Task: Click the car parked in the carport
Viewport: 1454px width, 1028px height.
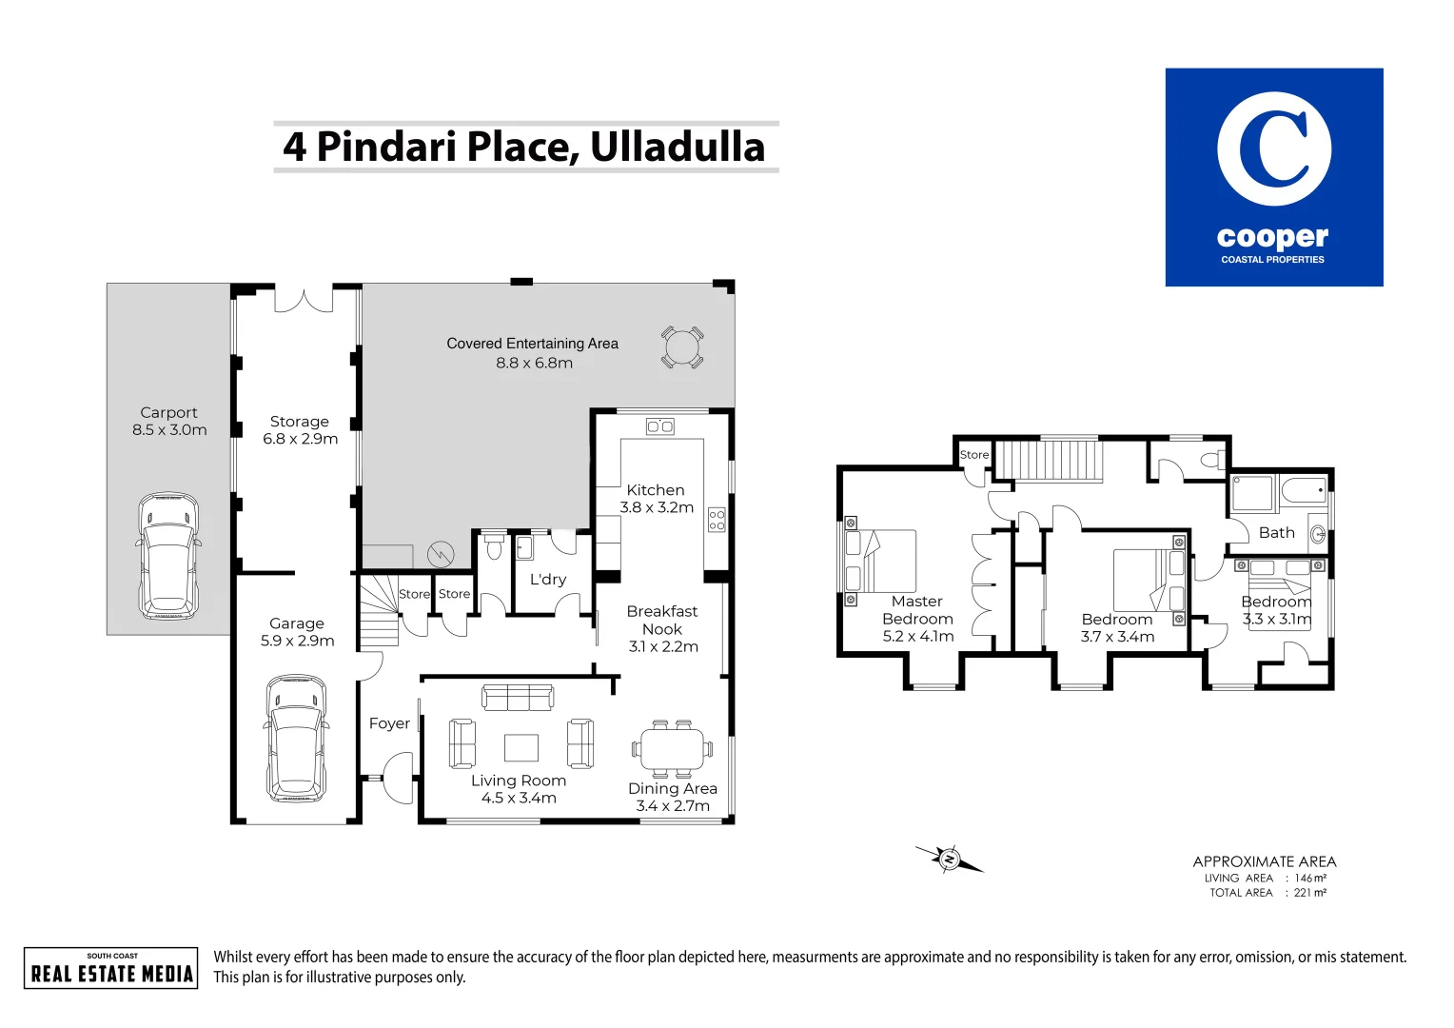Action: pyautogui.click(x=169, y=556)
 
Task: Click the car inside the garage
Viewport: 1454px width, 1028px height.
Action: pyautogui.click(x=296, y=739)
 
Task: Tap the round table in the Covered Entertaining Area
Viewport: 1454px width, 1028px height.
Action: pyautogui.click(x=682, y=347)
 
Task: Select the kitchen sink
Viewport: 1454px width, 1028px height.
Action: pyautogui.click(x=660, y=426)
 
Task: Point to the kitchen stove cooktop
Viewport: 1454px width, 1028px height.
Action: pyautogui.click(x=717, y=520)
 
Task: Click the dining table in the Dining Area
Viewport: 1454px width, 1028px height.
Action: pyautogui.click(x=672, y=749)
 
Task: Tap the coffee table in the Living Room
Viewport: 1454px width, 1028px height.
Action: pyautogui.click(x=521, y=748)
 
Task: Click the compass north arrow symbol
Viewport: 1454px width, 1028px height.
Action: pyautogui.click(x=949, y=860)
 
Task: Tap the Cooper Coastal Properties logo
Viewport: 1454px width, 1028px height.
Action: pyautogui.click(x=1274, y=177)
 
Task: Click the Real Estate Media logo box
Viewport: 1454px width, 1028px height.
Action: pyautogui.click(x=111, y=968)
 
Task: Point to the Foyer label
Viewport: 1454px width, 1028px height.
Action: pyautogui.click(x=389, y=723)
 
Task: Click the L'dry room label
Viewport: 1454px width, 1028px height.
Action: pyautogui.click(x=548, y=579)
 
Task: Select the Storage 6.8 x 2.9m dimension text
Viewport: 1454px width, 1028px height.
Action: pyautogui.click(x=301, y=439)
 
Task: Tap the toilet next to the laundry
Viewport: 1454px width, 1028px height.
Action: pyautogui.click(x=493, y=547)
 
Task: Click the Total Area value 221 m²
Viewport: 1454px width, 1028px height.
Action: pyautogui.click(x=1310, y=893)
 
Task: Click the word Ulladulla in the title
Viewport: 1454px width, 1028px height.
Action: pyautogui.click(x=678, y=147)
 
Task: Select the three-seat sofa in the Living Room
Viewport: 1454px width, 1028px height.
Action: pyautogui.click(x=518, y=697)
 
